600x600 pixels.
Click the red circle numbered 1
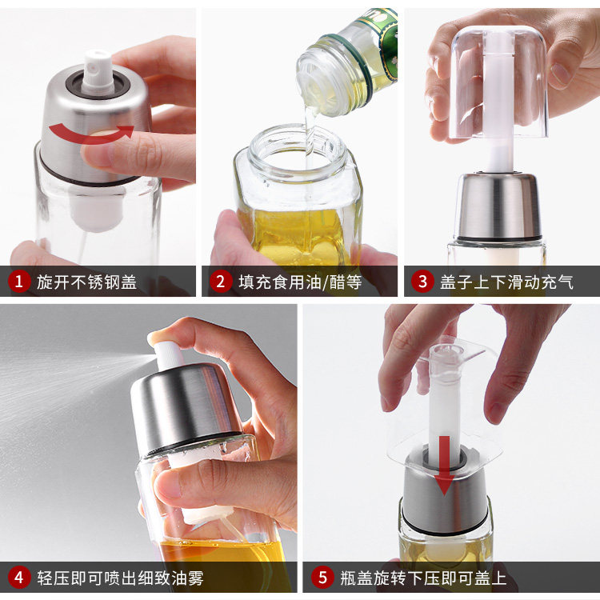point(18,282)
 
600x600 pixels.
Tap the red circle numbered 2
point(221,282)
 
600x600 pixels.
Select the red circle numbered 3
point(422,282)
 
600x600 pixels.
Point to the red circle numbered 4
point(18,578)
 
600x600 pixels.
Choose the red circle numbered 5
point(322,578)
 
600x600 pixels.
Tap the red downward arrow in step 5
point(444,466)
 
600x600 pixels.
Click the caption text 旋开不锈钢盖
point(87,282)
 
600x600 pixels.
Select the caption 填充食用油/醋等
point(300,282)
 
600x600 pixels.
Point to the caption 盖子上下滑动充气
point(506,282)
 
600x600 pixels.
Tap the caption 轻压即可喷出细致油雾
point(120,578)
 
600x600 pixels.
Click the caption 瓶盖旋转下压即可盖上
point(423,578)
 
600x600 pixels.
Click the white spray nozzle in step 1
point(98,72)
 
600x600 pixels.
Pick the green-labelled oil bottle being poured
point(347,62)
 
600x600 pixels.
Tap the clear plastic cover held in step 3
point(499,82)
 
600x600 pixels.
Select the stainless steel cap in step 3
point(498,206)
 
